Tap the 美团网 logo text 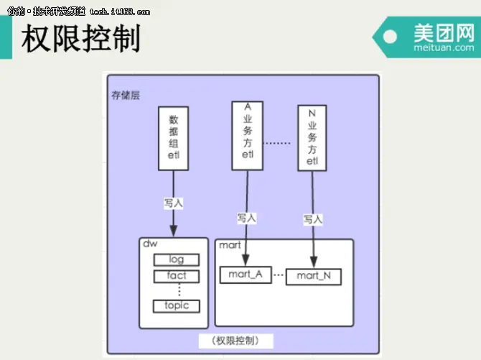444,32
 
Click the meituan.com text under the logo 444,48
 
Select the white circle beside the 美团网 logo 391,37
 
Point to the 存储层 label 125,95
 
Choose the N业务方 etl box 312,137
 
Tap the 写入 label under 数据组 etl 173,203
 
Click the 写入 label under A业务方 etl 247,217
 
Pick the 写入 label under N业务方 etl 313,218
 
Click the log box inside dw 177,259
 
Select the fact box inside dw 177,275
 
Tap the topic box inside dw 177,305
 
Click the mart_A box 246,274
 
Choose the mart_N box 313,275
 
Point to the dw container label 150,244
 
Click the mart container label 230,245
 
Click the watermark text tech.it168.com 120,11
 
